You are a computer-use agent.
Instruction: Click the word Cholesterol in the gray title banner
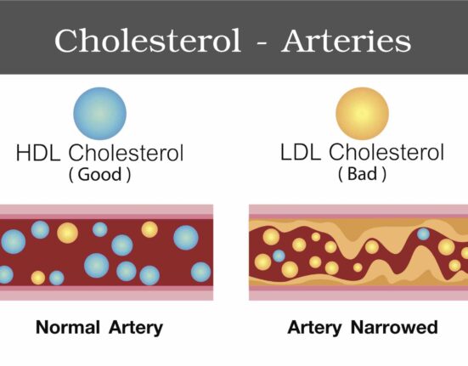click(x=148, y=41)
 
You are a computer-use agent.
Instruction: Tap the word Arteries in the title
click(x=347, y=41)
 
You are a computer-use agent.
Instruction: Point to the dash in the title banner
click(x=261, y=43)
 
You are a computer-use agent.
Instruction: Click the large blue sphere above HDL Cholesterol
click(x=100, y=113)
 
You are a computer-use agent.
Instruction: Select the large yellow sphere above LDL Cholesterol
click(x=363, y=113)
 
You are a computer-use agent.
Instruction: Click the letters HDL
click(x=38, y=153)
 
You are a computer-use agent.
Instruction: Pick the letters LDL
click(x=301, y=152)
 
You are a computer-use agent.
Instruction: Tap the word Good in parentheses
click(x=99, y=174)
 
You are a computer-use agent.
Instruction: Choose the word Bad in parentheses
click(x=362, y=173)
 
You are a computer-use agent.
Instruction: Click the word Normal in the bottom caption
click(x=68, y=327)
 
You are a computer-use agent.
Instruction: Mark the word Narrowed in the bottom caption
click(x=394, y=327)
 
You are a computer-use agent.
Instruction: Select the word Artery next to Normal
click(x=136, y=328)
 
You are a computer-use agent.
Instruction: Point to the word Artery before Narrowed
click(x=314, y=328)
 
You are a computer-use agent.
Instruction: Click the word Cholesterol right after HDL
click(x=126, y=153)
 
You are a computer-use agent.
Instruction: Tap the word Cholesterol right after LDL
click(x=386, y=152)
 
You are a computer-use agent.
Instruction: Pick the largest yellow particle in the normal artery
click(x=67, y=233)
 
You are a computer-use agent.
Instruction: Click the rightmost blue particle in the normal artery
click(x=200, y=272)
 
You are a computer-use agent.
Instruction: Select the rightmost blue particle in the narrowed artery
click(x=423, y=234)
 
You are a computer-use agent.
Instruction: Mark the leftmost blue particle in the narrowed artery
click(x=279, y=256)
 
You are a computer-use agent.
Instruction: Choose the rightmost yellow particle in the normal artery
click(x=149, y=229)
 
